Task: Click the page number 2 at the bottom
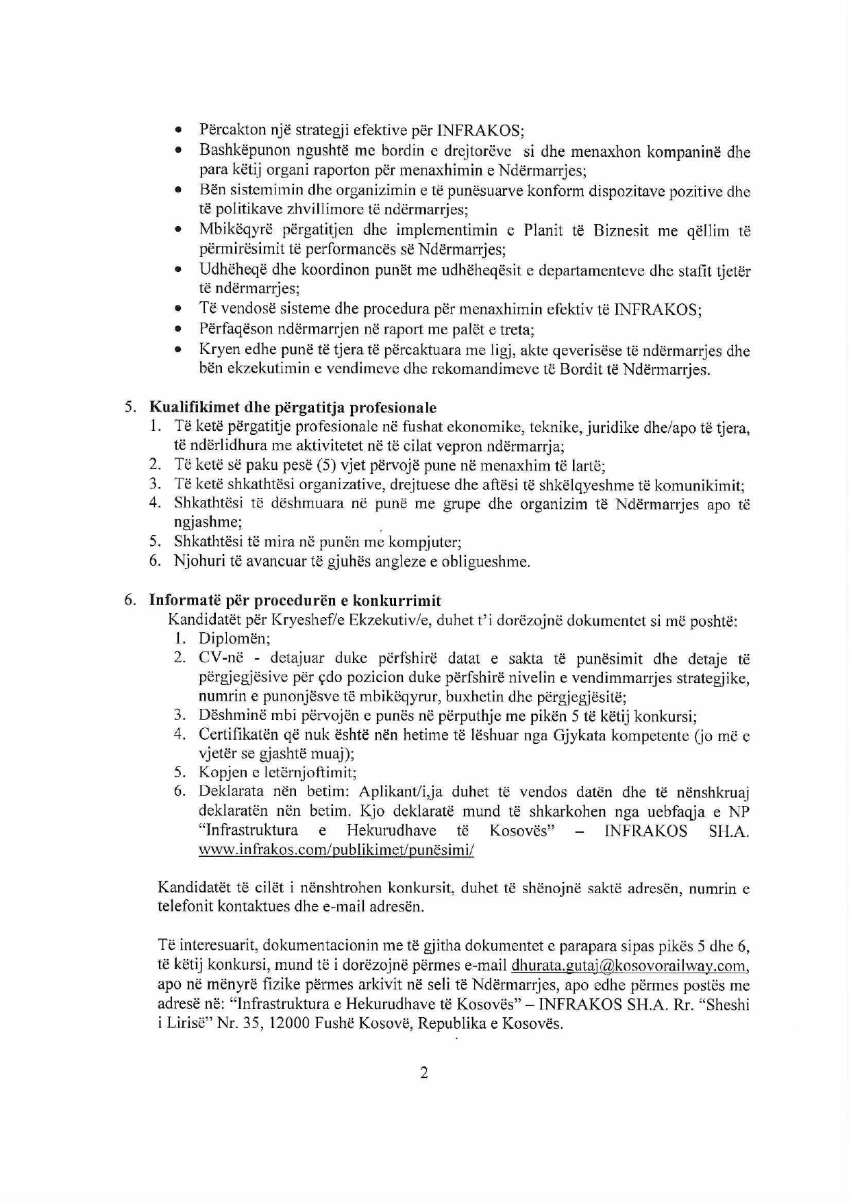[424, 1073]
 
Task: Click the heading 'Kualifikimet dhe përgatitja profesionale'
[293, 409]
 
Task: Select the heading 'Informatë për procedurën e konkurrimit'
[295, 601]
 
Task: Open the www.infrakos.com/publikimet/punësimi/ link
[336, 850]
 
